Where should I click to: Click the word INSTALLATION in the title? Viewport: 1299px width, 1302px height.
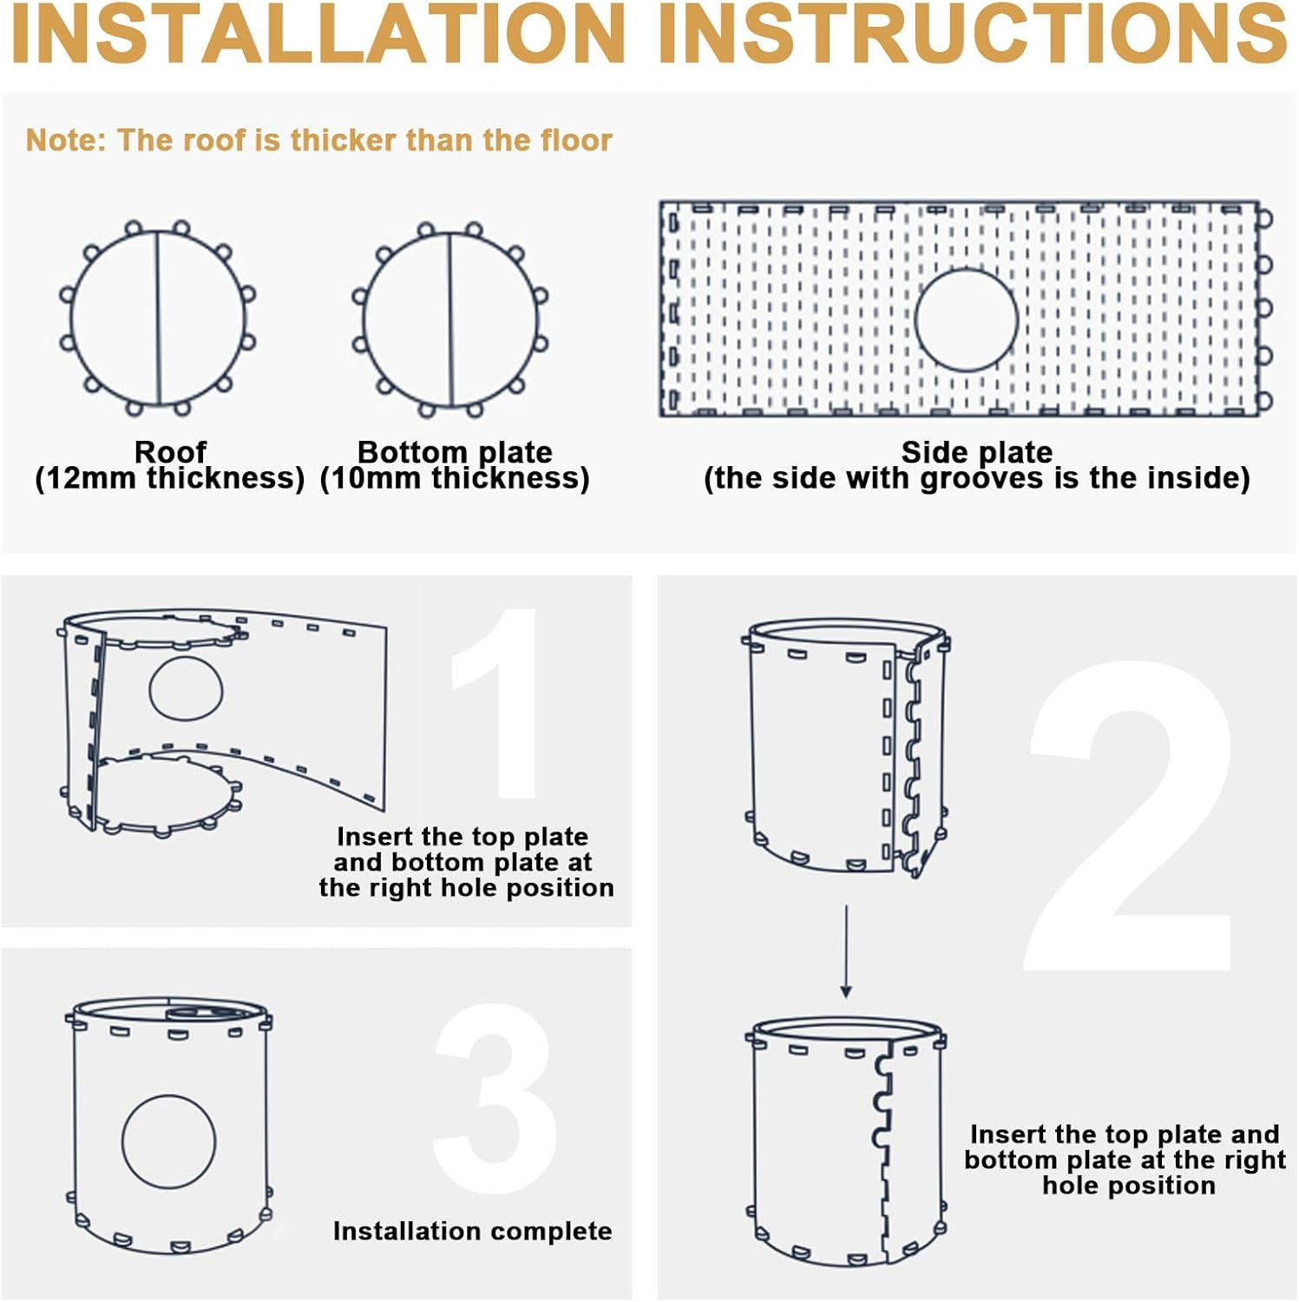click(x=318, y=33)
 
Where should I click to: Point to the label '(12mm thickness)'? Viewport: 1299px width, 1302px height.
click(x=170, y=478)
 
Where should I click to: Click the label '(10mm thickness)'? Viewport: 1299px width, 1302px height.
click(x=455, y=478)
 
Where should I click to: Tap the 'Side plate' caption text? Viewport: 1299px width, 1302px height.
click(x=977, y=452)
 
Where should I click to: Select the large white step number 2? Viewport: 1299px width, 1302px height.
click(x=1130, y=816)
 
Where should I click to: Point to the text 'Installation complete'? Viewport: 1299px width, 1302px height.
click(x=472, y=1231)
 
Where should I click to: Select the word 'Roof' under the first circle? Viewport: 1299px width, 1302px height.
click(x=170, y=451)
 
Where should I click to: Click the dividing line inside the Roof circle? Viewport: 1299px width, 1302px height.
click(x=159, y=318)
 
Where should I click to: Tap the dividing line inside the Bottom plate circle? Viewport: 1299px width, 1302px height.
click(x=450, y=319)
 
